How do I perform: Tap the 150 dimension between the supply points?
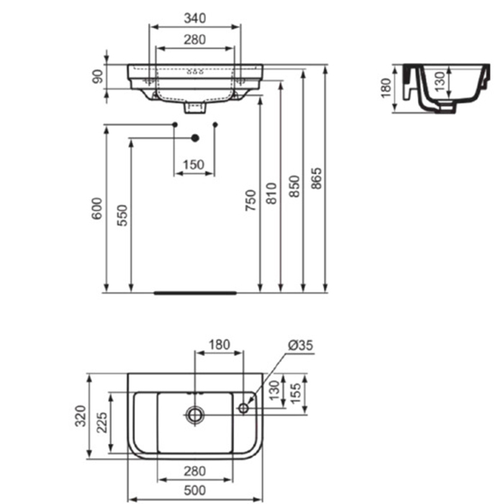tap(194, 164)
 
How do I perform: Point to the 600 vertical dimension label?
tap(99, 209)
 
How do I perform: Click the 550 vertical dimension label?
tap(123, 216)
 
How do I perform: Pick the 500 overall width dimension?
tap(195, 490)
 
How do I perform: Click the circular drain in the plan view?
tap(195, 413)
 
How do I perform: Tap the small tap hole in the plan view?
tap(243, 408)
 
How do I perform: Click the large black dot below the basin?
tap(194, 138)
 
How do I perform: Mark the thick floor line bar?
tap(195, 293)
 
